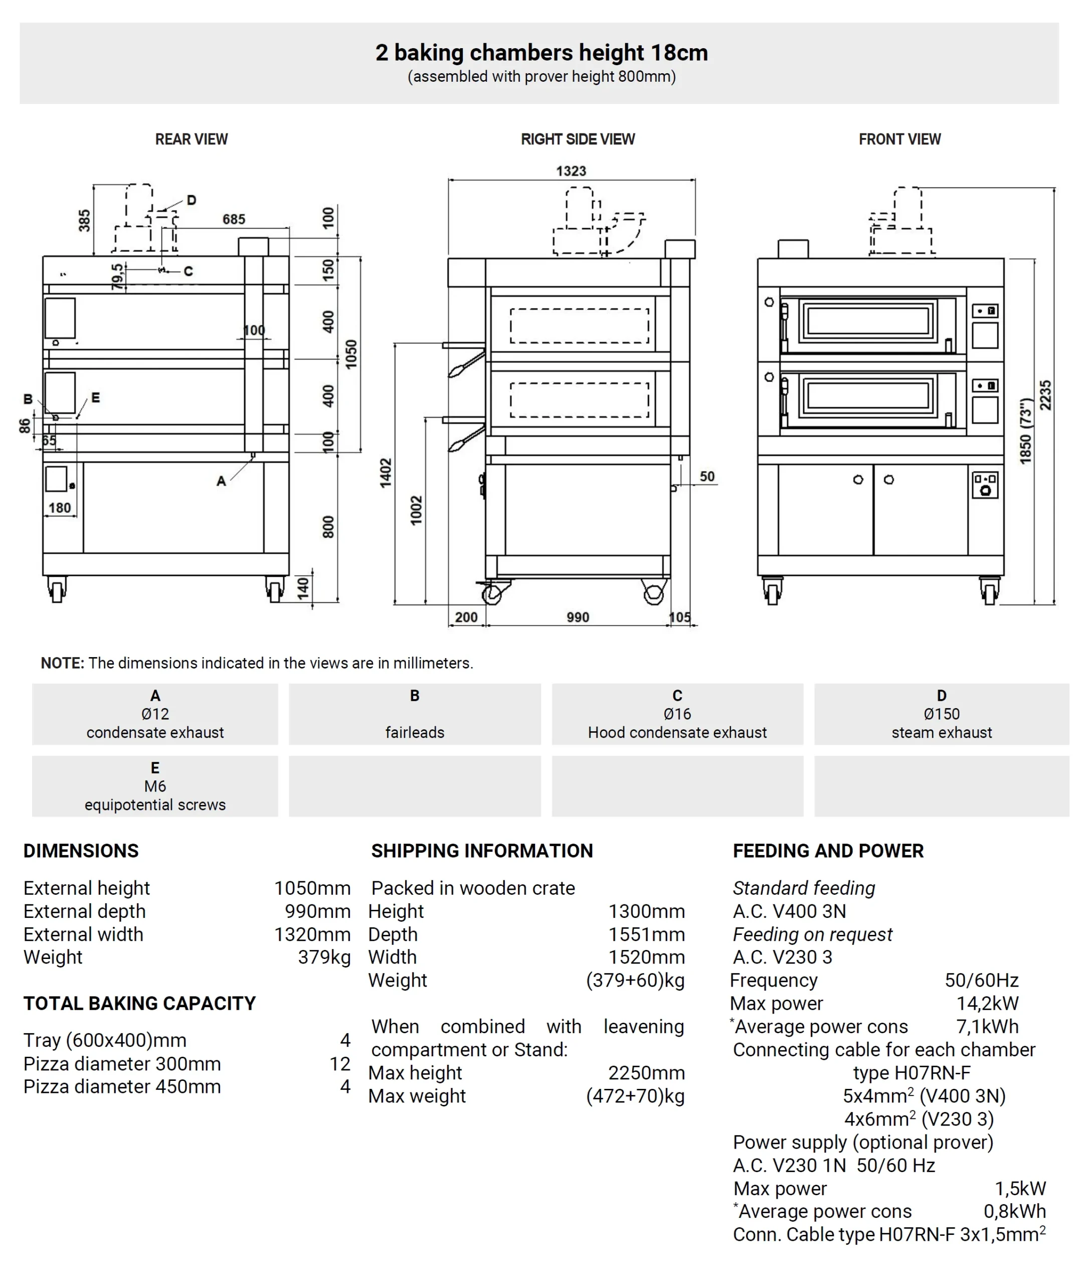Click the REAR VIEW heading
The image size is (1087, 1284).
tap(191, 139)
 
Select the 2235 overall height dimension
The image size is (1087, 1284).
tap(1046, 395)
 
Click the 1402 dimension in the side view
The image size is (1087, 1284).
tap(386, 473)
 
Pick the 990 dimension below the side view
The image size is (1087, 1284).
tap(578, 617)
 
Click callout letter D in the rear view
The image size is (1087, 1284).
tap(192, 200)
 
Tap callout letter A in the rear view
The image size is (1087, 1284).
tap(221, 481)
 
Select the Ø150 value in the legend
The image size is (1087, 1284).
tap(941, 714)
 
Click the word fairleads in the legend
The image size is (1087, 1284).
tap(415, 732)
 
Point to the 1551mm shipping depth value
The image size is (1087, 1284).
tap(646, 934)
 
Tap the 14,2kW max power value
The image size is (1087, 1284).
tap(987, 1003)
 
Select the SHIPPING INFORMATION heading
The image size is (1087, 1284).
tap(481, 851)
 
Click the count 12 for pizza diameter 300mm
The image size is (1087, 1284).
tap(339, 1063)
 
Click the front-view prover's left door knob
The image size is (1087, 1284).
tap(858, 479)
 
